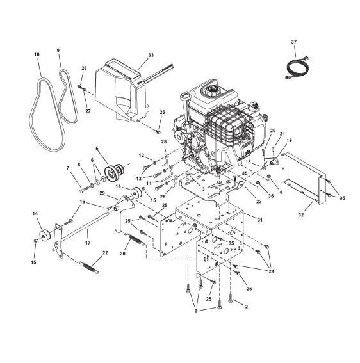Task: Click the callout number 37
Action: click(x=294, y=42)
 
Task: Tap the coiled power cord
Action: click(x=298, y=68)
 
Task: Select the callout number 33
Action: click(x=151, y=55)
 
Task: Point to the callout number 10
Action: click(x=37, y=54)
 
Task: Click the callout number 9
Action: click(x=58, y=50)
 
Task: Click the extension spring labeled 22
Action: click(x=89, y=268)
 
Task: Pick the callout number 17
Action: click(x=88, y=243)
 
